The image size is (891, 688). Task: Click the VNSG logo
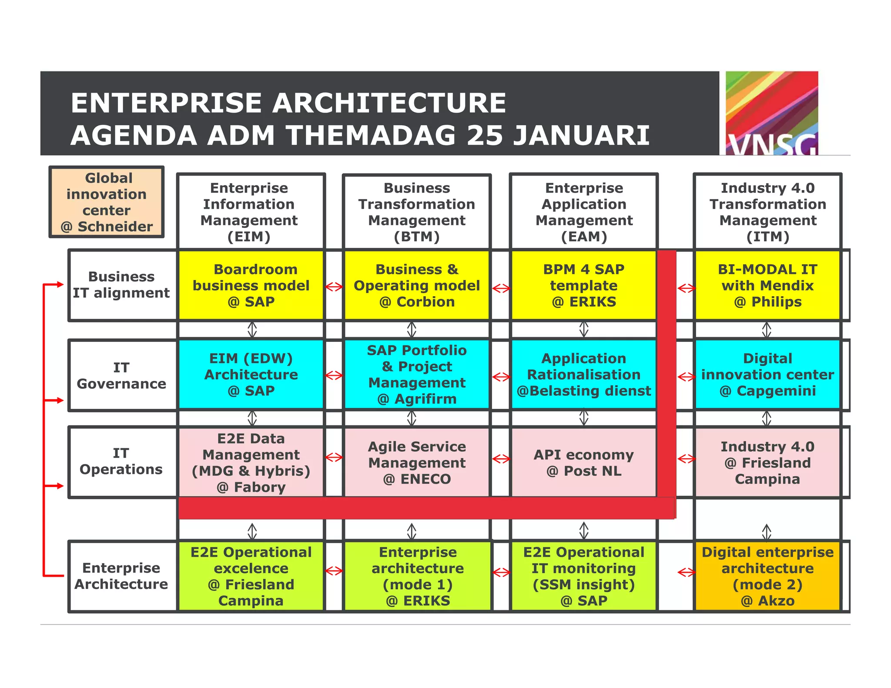[771, 113]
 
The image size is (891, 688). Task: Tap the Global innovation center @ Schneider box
[107, 202]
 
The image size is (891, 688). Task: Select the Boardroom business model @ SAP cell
[251, 285]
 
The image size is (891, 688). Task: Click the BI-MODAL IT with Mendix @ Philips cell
[767, 285]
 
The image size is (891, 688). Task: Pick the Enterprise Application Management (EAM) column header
[584, 212]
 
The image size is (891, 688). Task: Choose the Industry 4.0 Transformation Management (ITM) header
[767, 212]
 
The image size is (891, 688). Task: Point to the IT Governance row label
[121, 375]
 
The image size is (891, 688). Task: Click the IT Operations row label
[121, 461]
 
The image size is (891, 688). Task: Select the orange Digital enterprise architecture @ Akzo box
[767, 576]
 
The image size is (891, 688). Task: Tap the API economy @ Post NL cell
[584, 462]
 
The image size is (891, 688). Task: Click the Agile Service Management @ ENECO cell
[417, 462]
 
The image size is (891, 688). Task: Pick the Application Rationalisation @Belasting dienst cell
[584, 374]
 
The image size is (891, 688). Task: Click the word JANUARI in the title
[582, 135]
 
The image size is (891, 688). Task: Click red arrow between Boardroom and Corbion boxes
[334, 287]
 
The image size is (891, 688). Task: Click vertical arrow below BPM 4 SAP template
[584, 329]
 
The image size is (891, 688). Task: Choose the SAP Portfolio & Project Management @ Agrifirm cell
[417, 374]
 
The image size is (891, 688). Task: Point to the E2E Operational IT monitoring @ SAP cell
[584, 576]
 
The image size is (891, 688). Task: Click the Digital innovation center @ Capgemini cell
[767, 374]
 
